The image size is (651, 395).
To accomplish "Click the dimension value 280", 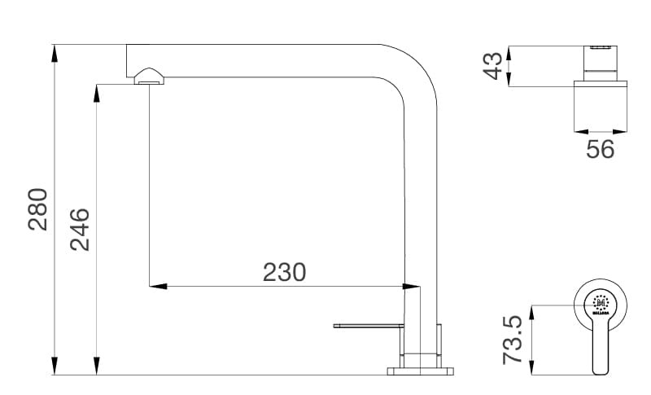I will [38, 209].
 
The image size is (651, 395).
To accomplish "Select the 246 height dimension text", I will [79, 229].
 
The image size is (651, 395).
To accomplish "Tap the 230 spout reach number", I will [284, 271].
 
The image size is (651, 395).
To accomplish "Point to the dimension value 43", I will [492, 66].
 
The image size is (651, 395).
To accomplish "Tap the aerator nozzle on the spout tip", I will [148, 77].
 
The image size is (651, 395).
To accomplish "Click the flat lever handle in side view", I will [368, 327].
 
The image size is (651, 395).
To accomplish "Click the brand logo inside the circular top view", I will [601, 304].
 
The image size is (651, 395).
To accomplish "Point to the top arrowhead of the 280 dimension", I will [55, 51].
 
